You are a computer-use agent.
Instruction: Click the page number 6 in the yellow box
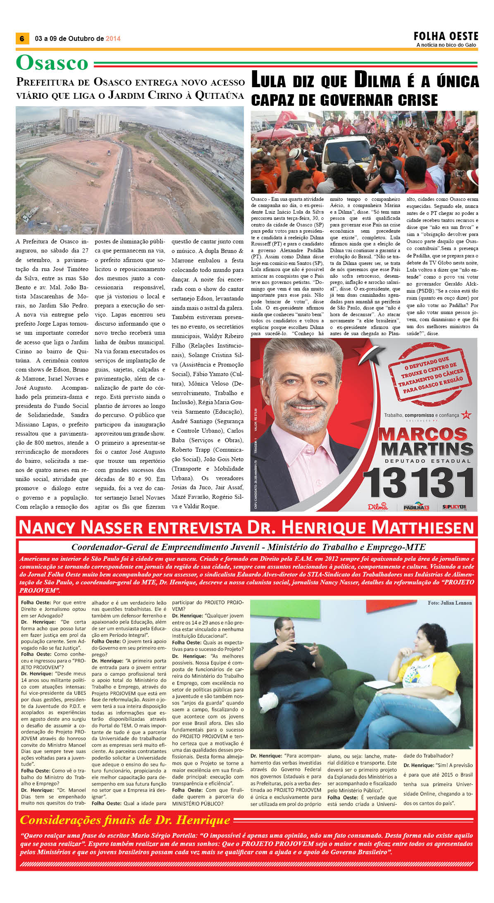coord(22,39)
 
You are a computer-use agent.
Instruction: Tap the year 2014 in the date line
coord(113,39)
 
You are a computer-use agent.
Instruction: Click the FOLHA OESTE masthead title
coord(446,36)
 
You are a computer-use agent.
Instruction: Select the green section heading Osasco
coord(52,63)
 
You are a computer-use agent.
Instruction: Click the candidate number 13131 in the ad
coord(418,483)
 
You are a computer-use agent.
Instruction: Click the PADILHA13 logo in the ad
coord(416,507)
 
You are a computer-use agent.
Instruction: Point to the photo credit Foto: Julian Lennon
coord(449,603)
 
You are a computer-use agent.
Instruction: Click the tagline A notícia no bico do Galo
coord(446,45)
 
